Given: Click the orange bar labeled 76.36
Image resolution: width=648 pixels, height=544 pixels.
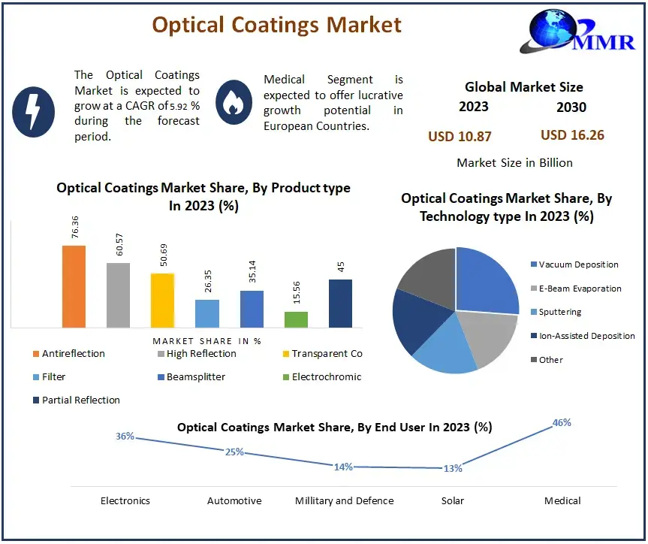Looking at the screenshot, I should pos(74,286).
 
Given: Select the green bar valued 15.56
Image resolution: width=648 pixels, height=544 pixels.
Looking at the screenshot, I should pos(297,319).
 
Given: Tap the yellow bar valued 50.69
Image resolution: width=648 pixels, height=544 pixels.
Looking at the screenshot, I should pos(162,300).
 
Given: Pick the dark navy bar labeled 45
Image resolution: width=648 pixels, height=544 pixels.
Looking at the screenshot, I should pos(340,303).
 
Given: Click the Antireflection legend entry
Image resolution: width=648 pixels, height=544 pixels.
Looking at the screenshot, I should pos(68,354).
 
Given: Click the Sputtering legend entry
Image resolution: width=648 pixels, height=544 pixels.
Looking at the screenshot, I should pos(559,312).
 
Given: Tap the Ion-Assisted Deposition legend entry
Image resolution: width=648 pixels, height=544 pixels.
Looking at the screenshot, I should pos(586,336).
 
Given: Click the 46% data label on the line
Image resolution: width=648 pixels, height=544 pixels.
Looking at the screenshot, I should pos(562,423).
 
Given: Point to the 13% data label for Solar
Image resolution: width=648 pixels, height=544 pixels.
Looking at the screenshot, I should pos(453,468).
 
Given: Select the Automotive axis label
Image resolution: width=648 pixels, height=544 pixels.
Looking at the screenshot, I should pos(234,500).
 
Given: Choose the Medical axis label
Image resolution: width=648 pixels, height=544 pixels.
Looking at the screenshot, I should pos(562,500).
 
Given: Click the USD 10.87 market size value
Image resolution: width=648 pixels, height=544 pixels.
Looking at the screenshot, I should pos(460,136).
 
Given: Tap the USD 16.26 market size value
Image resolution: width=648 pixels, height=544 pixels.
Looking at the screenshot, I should pos(572,135).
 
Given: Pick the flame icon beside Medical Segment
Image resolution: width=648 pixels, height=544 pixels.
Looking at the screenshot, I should pos(234,102).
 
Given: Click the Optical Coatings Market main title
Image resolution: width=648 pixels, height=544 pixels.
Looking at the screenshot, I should pos(276,24).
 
